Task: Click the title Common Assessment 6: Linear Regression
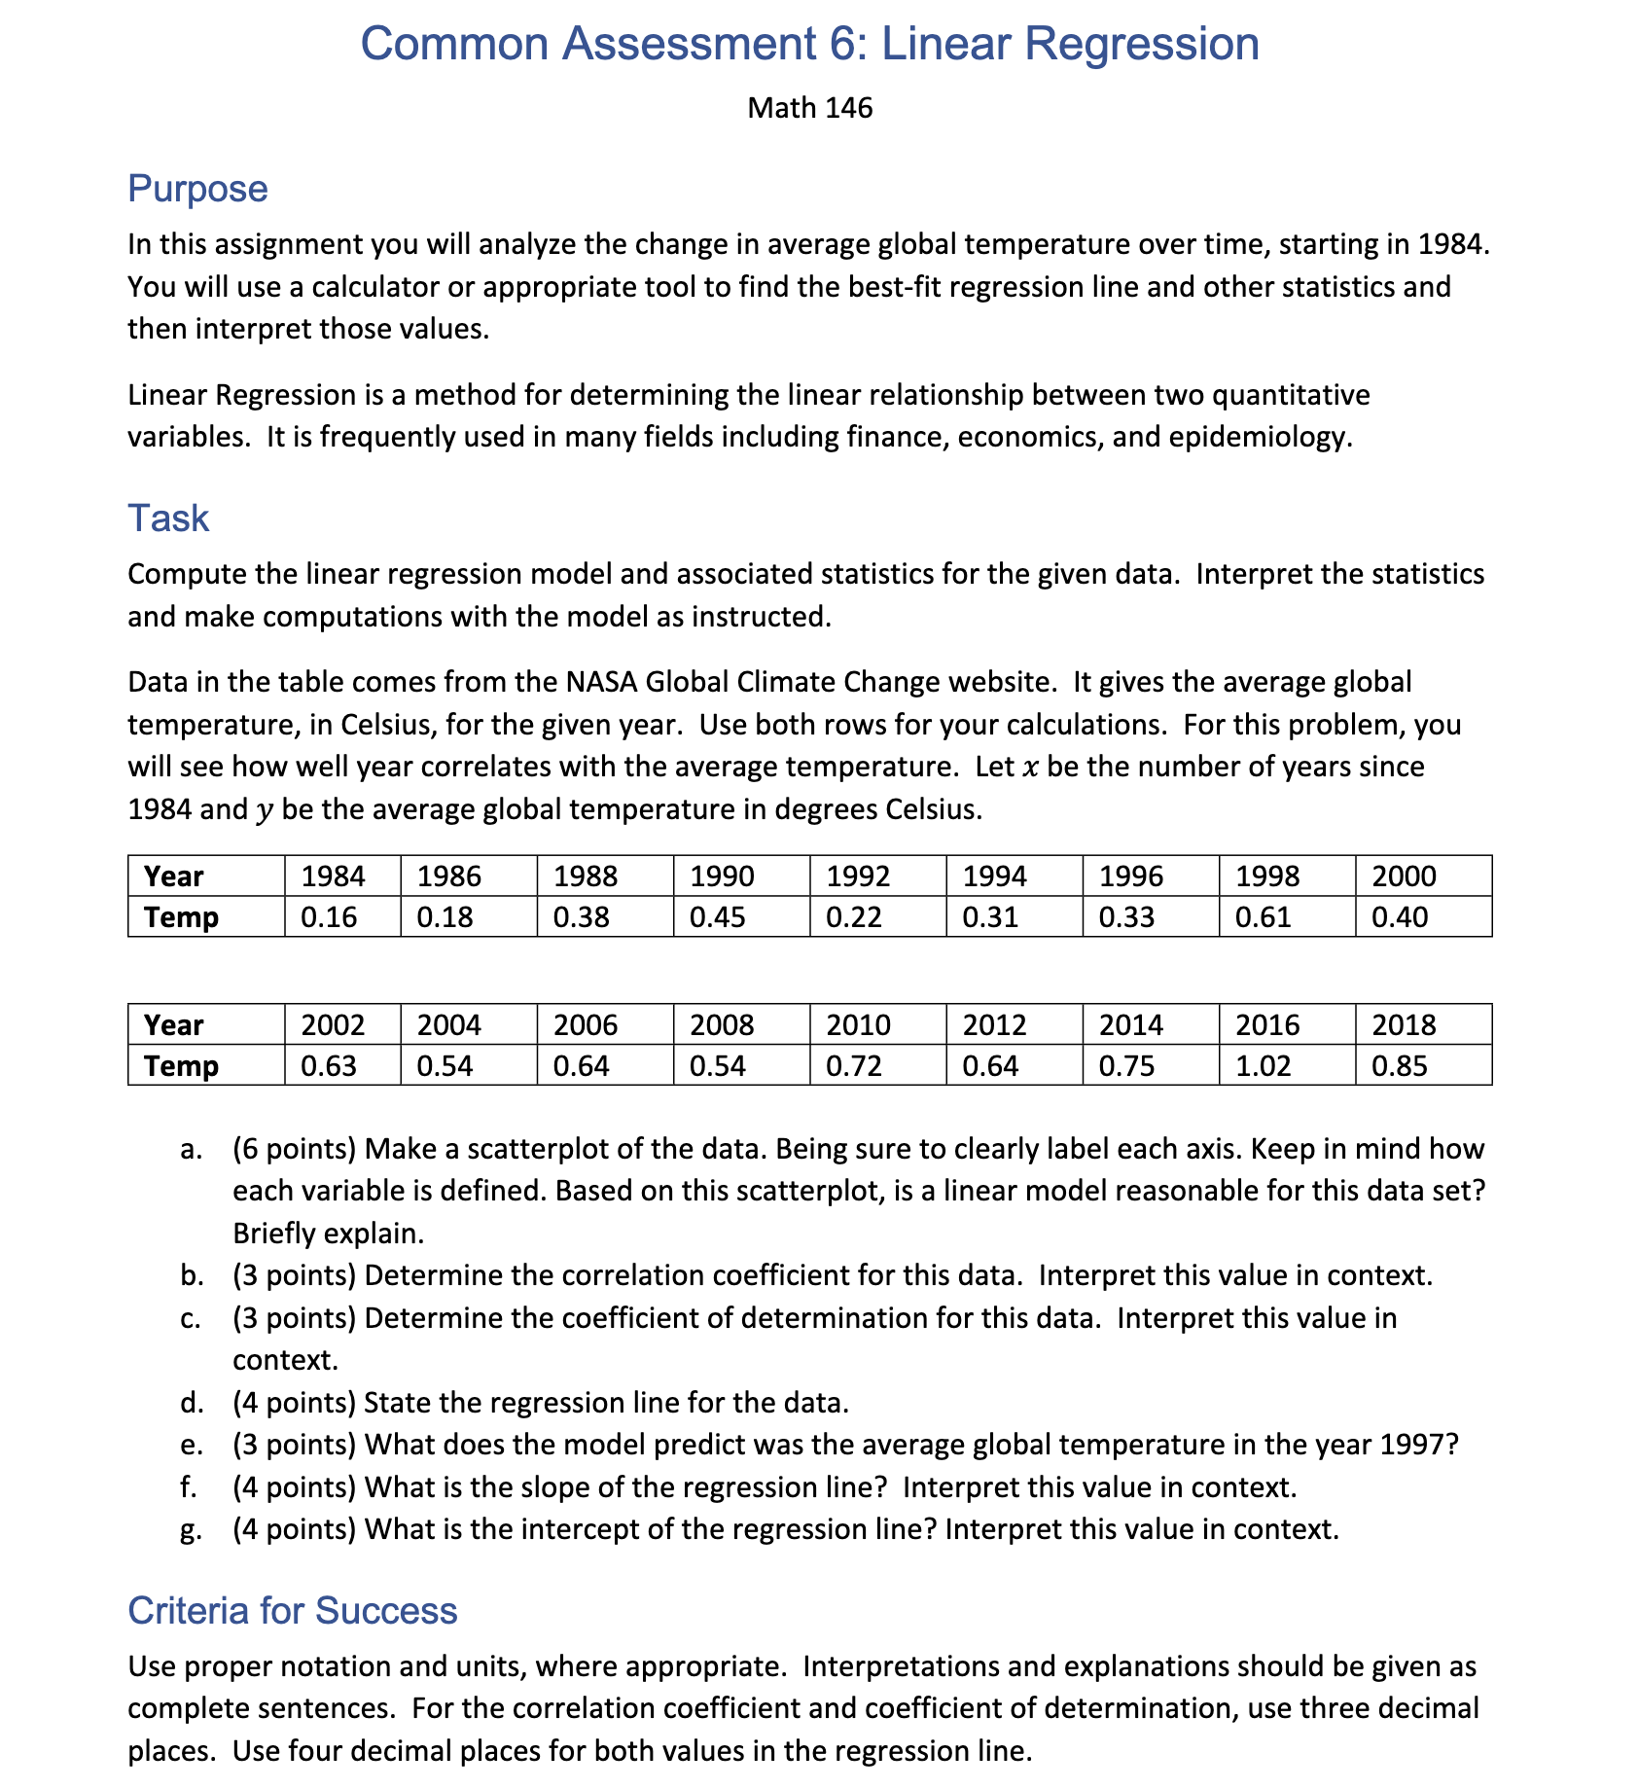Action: tap(809, 44)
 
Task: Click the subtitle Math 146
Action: tap(809, 108)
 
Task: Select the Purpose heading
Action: tap(197, 189)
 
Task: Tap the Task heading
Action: tap(168, 519)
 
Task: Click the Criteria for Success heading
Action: tap(292, 1611)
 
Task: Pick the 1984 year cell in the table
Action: tap(333, 877)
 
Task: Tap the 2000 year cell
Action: tap(1403, 877)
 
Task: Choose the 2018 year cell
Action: tap(1403, 1025)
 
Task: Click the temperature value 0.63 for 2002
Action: tap(329, 1066)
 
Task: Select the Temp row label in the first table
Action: tap(181, 917)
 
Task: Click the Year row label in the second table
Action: tap(174, 1025)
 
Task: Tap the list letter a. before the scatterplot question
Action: tap(191, 1150)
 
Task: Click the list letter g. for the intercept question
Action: tap(191, 1530)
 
